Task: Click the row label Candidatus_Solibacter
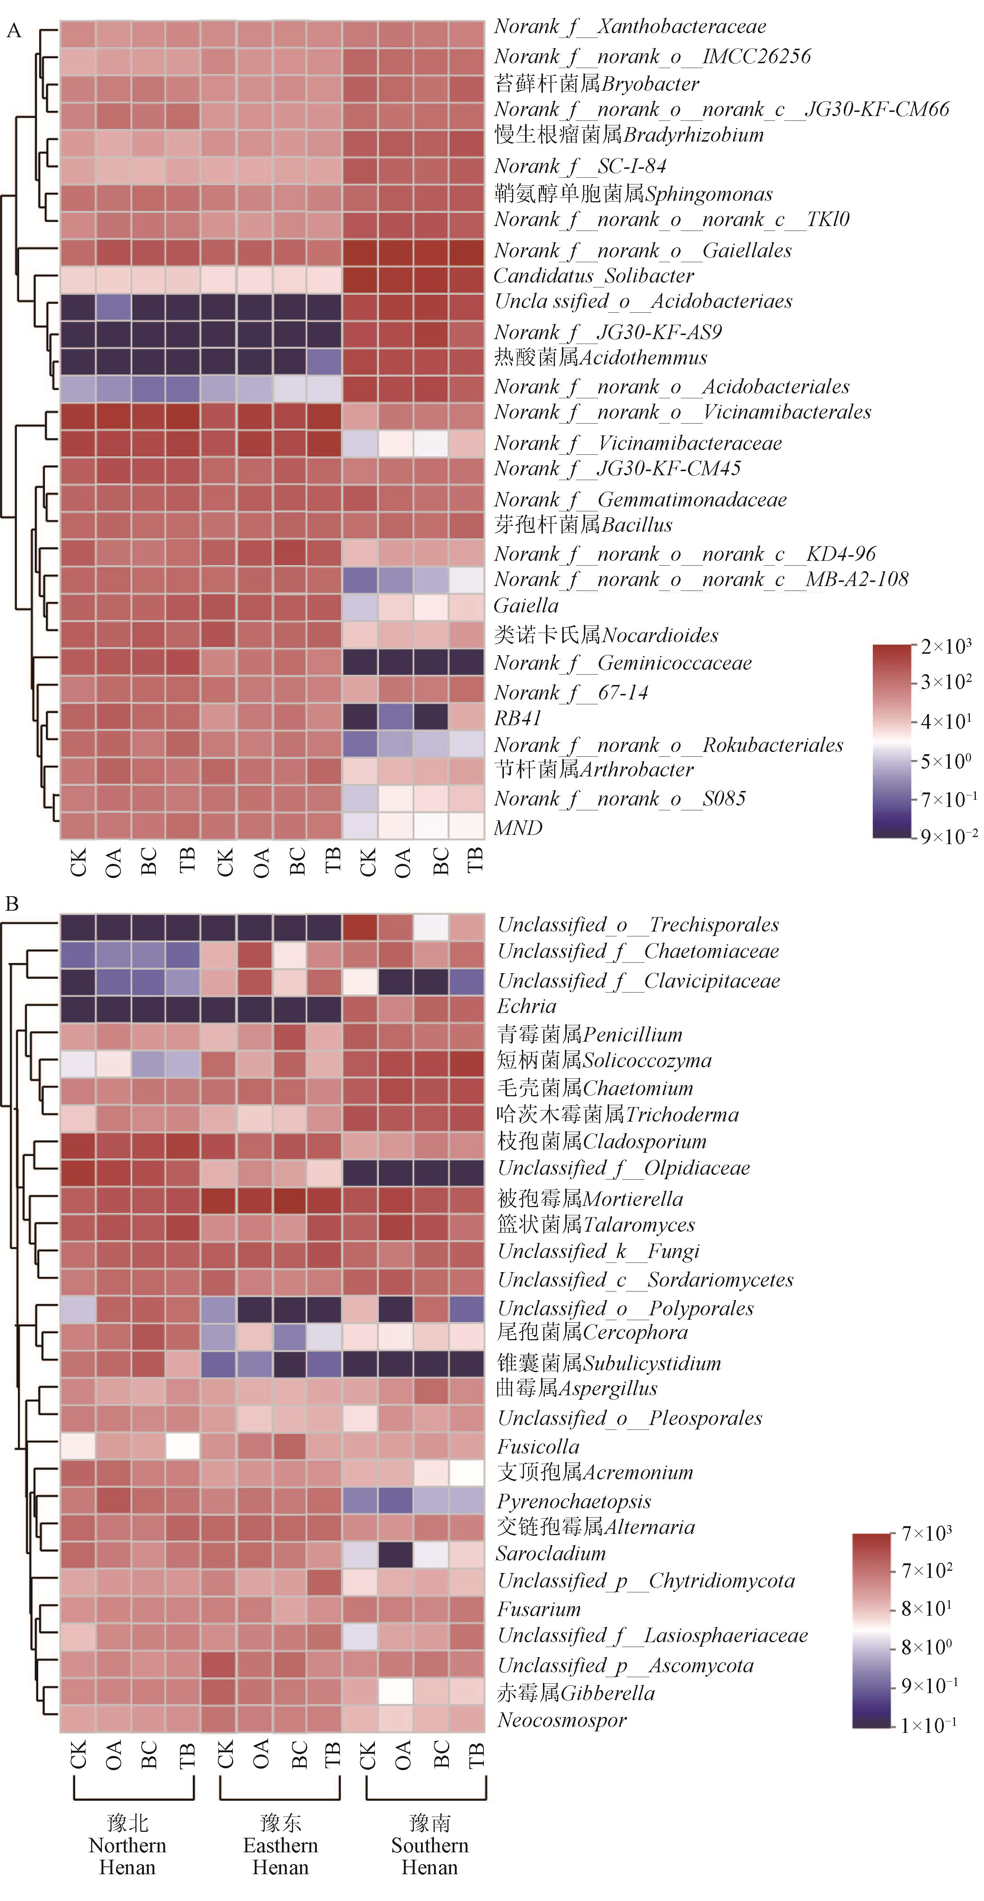point(594,276)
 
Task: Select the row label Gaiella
point(525,606)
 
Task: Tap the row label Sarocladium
point(551,1553)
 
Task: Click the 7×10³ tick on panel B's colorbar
point(926,1534)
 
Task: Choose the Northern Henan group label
point(128,1845)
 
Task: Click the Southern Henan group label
point(430,1845)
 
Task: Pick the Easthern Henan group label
point(280,1845)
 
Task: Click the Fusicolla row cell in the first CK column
point(77,1446)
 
